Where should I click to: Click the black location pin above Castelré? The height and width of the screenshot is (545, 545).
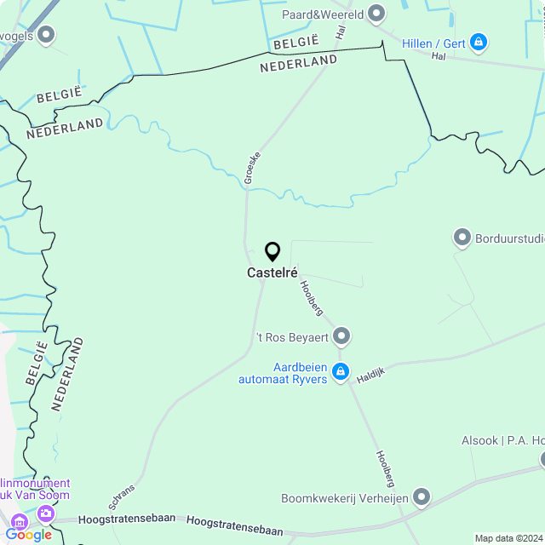(x=272, y=251)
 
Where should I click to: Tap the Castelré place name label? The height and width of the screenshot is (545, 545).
(x=272, y=273)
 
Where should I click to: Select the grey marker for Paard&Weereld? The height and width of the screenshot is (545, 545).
(x=376, y=14)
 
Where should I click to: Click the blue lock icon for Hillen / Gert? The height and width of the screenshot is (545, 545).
(x=478, y=41)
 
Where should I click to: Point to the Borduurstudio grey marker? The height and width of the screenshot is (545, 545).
(x=462, y=238)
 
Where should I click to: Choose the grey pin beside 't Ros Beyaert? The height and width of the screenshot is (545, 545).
(x=341, y=337)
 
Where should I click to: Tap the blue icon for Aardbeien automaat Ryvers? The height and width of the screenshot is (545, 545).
(x=341, y=371)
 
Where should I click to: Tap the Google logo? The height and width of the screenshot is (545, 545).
(x=28, y=535)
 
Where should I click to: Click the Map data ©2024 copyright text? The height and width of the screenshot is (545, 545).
(x=508, y=538)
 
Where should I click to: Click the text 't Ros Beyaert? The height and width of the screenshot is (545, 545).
(x=292, y=338)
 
